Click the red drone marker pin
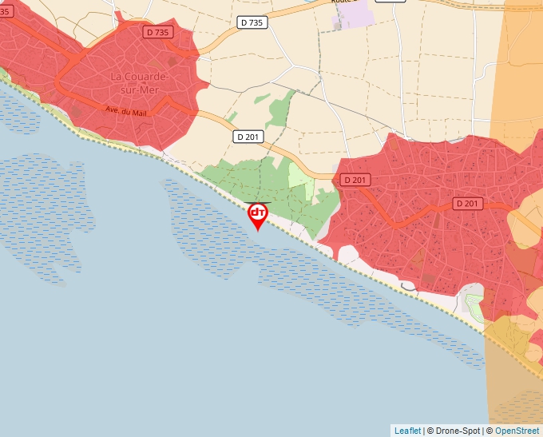(x=258, y=215)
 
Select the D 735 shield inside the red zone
(x=158, y=32)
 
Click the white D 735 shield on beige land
(x=252, y=23)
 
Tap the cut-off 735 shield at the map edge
(x=4, y=10)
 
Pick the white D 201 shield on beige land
(x=248, y=137)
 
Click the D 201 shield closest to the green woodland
(x=355, y=181)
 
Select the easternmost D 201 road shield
(x=468, y=204)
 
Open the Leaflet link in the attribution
(x=407, y=431)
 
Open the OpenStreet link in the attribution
(x=517, y=431)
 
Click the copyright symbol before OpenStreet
(x=489, y=431)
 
